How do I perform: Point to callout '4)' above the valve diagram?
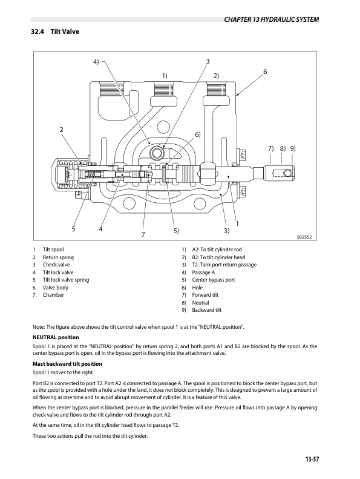click(96, 62)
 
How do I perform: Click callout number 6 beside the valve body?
click(264, 72)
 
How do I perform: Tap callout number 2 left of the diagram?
click(61, 130)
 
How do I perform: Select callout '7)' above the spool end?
click(271, 148)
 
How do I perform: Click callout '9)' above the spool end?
click(293, 148)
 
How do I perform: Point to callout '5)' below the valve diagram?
click(175, 231)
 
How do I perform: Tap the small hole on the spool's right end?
click(289, 174)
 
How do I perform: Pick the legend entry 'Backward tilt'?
click(207, 310)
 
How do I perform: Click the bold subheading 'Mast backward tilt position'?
click(67, 363)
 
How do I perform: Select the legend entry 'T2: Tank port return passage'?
click(224, 265)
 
